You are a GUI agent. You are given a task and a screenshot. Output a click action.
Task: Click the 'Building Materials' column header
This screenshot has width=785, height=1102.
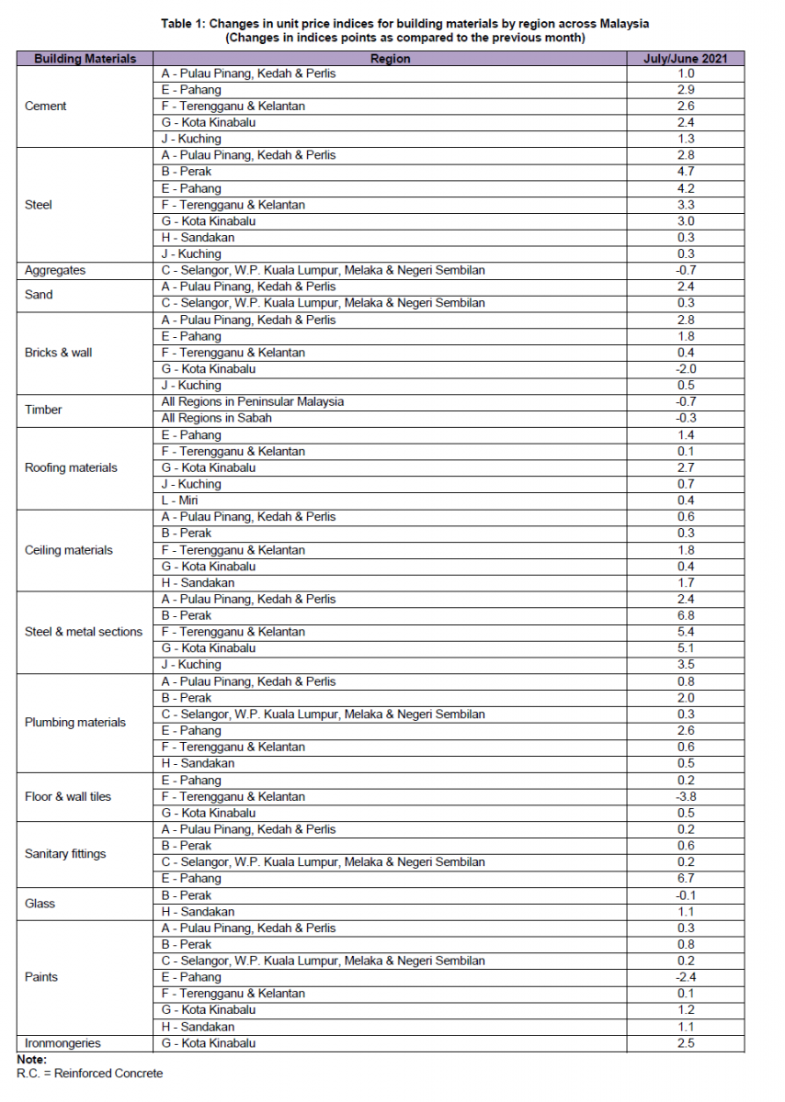coord(85,58)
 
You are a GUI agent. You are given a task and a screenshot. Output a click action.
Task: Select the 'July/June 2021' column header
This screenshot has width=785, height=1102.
coord(686,58)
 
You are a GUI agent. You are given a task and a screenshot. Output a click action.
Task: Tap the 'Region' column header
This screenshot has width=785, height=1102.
coord(390,58)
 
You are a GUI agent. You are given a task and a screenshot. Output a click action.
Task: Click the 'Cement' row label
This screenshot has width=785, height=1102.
coord(46,107)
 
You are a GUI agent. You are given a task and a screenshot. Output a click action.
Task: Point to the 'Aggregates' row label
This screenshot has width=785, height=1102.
coord(55,271)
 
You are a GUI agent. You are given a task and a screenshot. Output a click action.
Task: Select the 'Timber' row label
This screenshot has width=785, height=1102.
coord(43,410)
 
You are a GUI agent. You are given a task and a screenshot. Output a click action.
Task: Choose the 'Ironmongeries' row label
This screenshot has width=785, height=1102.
coord(63,1043)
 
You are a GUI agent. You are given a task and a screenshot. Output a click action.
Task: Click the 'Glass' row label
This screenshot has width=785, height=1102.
coord(40,904)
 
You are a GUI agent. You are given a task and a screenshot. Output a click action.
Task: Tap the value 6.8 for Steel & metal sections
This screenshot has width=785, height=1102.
coord(686,615)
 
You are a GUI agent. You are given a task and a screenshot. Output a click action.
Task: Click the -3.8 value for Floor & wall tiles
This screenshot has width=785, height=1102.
coord(686,796)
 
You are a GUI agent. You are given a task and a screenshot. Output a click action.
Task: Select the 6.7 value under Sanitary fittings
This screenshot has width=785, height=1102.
coord(686,879)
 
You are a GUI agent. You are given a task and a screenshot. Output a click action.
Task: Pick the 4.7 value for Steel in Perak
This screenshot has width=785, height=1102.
coord(686,172)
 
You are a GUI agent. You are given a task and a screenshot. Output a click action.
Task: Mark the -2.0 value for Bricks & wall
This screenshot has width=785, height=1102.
coord(686,369)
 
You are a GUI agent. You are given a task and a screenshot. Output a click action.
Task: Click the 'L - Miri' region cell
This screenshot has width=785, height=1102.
coord(179,500)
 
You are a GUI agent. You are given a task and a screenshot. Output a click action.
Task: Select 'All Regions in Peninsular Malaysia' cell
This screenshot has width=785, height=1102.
coord(252,402)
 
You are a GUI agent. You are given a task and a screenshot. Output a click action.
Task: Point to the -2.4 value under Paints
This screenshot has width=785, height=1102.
coord(686,977)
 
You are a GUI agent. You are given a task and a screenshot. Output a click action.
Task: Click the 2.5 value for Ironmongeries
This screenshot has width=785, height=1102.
coord(686,1043)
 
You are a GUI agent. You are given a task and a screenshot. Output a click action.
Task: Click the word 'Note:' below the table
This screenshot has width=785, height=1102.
coord(32,1060)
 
